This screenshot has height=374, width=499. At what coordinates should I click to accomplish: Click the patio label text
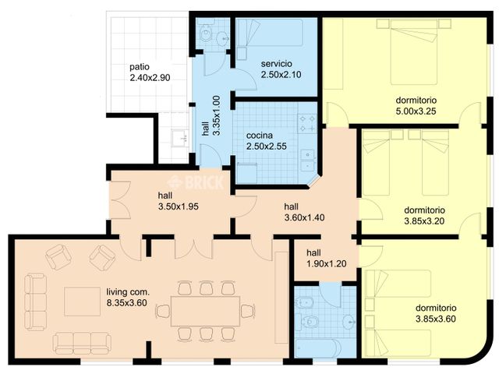point(140,67)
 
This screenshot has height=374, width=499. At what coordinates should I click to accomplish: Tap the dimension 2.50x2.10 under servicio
point(281,75)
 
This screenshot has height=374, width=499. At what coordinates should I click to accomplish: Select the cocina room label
point(260,136)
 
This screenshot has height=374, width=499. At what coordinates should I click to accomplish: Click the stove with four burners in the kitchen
point(307,123)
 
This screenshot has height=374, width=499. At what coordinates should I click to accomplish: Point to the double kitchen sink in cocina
point(308,161)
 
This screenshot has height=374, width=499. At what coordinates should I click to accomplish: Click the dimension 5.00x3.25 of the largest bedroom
point(416,111)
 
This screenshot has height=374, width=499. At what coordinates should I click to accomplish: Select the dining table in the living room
point(205,312)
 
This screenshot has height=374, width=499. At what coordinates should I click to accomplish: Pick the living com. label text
point(128,292)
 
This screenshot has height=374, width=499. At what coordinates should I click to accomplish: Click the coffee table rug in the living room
point(82,302)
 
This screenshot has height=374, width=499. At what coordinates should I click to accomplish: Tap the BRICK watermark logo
point(196,183)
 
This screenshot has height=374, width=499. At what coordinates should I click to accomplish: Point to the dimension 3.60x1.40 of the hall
point(304,218)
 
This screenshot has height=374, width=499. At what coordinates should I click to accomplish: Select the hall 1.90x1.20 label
point(326,258)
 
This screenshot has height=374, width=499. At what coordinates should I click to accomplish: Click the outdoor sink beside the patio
point(180,138)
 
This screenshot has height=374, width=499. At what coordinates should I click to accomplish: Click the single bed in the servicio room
point(270,33)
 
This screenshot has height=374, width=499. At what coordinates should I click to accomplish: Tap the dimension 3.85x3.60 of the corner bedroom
point(436,319)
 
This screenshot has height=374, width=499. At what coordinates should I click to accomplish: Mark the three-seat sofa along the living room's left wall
point(36,302)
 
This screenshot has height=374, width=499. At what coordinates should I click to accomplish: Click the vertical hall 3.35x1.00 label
point(211,116)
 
